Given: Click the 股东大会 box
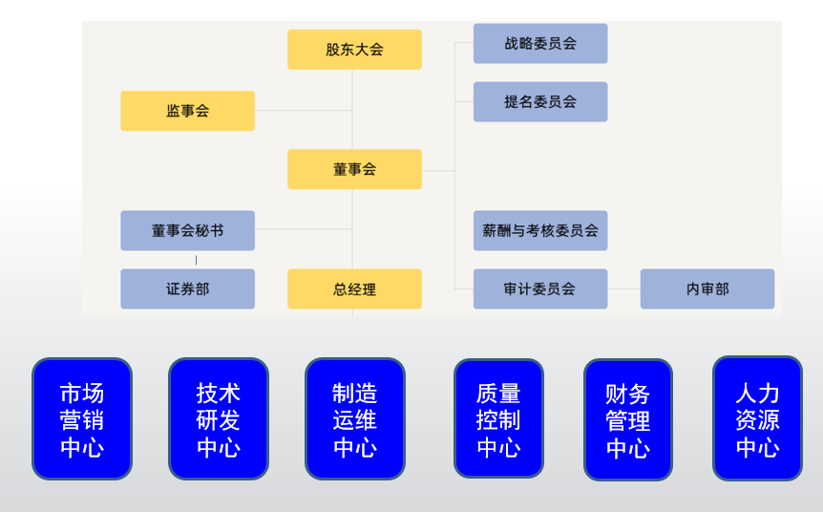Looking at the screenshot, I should (x=354, y=50).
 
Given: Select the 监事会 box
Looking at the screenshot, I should (x=187, y=111).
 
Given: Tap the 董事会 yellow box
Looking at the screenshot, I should (x=354, y=169).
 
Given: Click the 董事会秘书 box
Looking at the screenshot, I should (x=187, y=230).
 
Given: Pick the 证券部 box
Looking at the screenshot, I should (x=187, y=288).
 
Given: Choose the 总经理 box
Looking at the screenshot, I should (x=354, y=288).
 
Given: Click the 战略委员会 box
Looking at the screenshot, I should (x=540, y=43).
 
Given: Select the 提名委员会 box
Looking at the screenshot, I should (x=540, y=101).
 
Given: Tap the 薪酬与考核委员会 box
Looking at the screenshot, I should (x=540, y=230).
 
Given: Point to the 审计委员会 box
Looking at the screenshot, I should (x=540, y=288).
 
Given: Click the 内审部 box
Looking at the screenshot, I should (x=707, y=288).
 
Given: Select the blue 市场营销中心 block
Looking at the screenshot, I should (x=82, y=419).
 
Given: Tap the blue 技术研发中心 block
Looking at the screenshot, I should (x=219, y=419).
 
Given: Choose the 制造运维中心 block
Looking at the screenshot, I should (x=355, y=419).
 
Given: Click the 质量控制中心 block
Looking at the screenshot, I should (x=498, y=418).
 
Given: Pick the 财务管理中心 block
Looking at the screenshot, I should (x=628, y=420).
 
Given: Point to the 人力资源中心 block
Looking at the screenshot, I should (x=758, y=418).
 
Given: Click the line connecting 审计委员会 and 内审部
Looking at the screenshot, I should (x=623, y=288).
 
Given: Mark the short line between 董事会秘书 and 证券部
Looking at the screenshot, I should (x=197, y=260).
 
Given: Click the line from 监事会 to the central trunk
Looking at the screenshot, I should (x=303, y=111).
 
